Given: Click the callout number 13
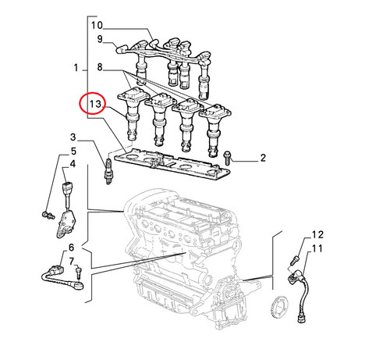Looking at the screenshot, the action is (x=95, y=104).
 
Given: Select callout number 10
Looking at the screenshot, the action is (x=97, y=25).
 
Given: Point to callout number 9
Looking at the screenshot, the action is (x=100, y=39).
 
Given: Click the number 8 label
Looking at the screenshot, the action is (x=100, y=67).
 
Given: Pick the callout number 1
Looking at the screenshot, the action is (x=76, y=68).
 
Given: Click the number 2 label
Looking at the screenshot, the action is (x=263, y=158).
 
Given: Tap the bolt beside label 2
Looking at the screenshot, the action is (x=227, y=158).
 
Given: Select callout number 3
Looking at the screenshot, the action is (x=73, y=137).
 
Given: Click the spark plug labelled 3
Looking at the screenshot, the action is (x=108, y=171).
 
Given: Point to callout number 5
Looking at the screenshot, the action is (x=73, y=151).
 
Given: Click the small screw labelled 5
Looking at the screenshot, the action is (x=48, y=215).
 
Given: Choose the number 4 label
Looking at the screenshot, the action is (x=73, y=164).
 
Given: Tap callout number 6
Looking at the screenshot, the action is (x=71, y=248).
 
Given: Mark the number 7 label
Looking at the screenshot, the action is (x=72, y=261).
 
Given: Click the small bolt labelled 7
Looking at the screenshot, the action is (x=79, y=273).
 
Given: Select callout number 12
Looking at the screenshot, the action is (x=317, y=235).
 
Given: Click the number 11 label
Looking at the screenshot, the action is (x=317, y=248).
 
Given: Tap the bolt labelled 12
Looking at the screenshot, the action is (x=296, y=260).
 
